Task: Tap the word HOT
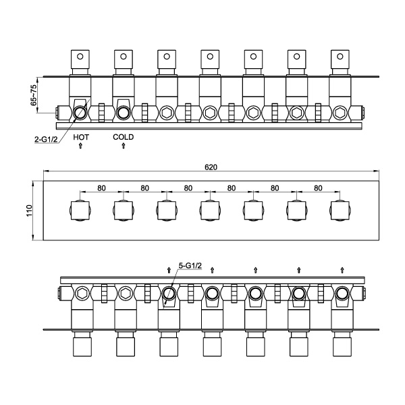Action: click(81, 137)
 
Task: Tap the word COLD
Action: click(124, 137)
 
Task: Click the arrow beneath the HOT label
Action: click(81, 146)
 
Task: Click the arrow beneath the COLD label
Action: click(124, 146)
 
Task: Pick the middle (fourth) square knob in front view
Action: click(210, 211)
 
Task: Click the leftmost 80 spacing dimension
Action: click(102, 188)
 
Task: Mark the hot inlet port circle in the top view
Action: click(80, 111)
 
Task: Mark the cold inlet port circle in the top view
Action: click(124, 111)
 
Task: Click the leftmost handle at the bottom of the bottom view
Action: click(81, 346)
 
